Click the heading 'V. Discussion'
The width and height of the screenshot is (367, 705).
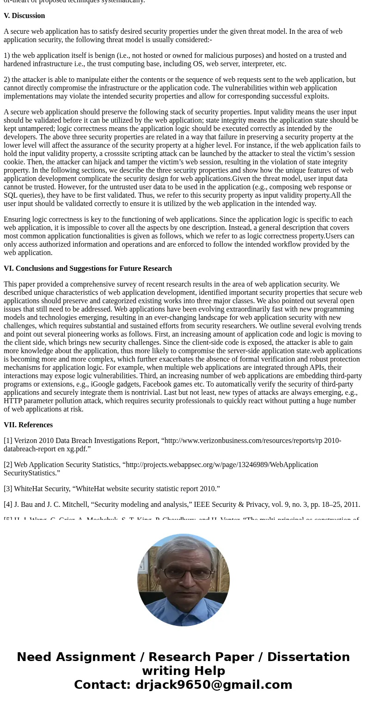pyautogui.click(x=24, y=16)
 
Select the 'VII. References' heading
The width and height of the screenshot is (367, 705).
pyautogui.click(x=28, y=425)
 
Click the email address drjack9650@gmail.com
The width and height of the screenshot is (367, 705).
pyautogui.click(x=214, y=685)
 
